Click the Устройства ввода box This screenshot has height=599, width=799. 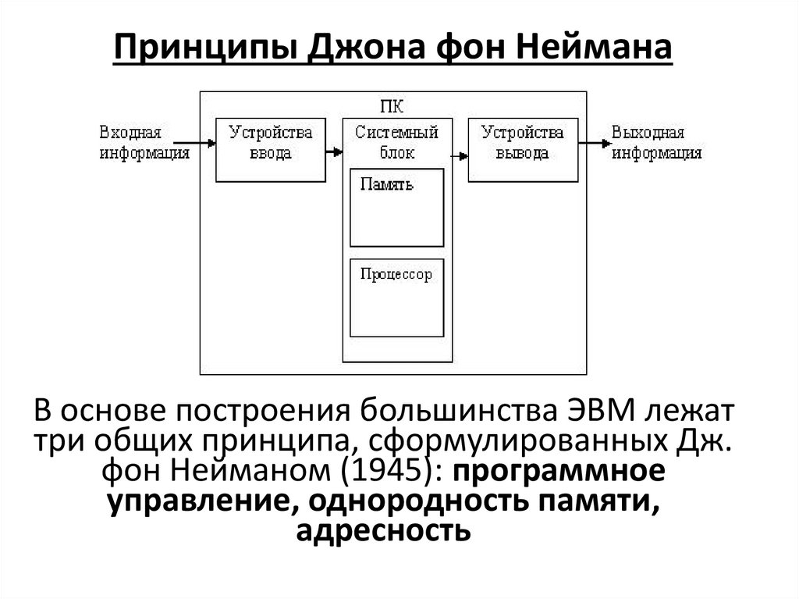click(x=271, y=150)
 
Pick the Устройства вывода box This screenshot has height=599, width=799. click(x=523, y=150)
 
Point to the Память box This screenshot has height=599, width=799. click(x=396, y=208)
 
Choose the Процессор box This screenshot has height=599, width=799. click(x=396, y=298)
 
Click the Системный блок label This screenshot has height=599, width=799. click(x=396, y=142)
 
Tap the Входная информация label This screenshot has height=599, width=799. click(x=144, y=142)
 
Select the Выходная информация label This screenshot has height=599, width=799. click(x=656, y=142)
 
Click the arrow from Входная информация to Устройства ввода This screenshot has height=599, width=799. click(x=202, y=143)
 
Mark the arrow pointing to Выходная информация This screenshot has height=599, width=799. click(x=596, y=143)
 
